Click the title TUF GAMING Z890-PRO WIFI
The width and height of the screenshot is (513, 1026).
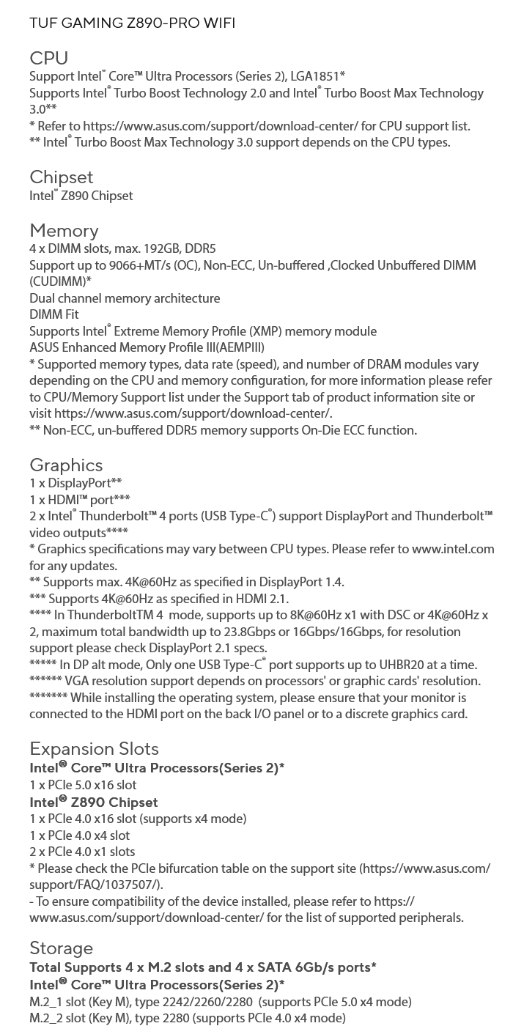[x=132, y=23]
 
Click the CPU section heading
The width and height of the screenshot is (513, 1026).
[x=48, y=58]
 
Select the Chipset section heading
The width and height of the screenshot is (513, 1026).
[x=62, y=177]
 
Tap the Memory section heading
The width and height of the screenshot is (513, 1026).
[x=64, y=231]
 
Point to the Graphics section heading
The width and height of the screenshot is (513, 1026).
[x=66, y=465]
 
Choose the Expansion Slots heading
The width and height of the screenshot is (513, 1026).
[x=94, y=748]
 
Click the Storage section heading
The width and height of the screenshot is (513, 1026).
[x=61, y=948]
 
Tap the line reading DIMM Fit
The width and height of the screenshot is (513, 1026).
[x=53, y=314]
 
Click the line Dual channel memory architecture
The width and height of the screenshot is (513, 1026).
[x=125, y=298]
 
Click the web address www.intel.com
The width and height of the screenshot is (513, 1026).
[x=452, y=549]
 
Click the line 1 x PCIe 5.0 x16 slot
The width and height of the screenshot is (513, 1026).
[x=83, y=785]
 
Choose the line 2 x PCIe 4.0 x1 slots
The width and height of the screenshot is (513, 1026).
[x=82, y=852]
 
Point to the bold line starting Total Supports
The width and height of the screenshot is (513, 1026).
[x=202, y=967]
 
